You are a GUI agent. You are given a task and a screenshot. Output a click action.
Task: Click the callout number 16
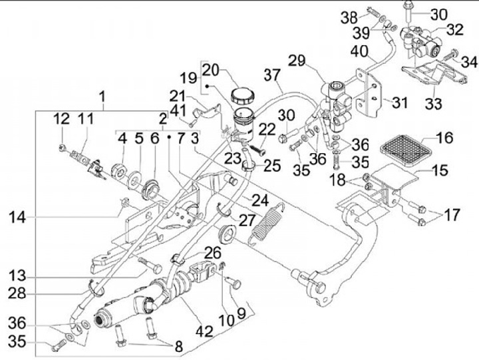444,138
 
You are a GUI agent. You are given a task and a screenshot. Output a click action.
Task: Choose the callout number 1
103,94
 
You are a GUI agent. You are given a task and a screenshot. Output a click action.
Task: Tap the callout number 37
273,76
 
